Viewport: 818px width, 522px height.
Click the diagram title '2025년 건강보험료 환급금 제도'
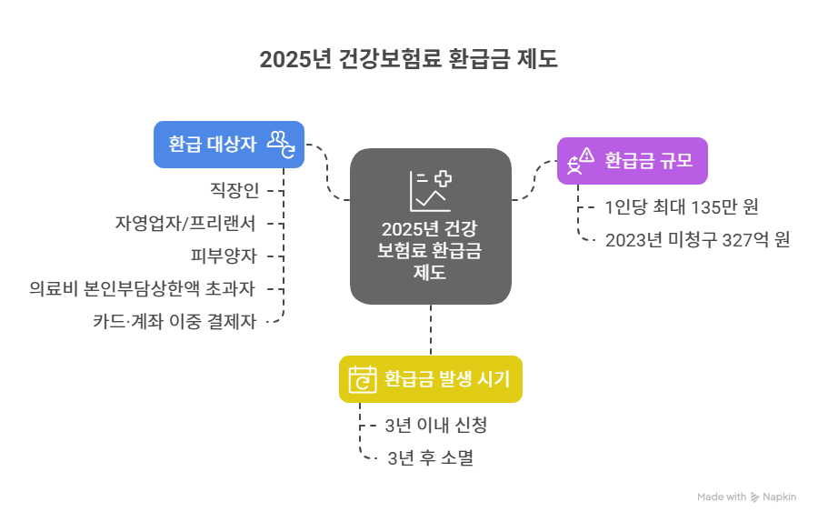coord(408,60)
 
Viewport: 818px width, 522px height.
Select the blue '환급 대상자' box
coord(228,144)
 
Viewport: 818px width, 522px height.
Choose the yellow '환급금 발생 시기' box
coord(430,378)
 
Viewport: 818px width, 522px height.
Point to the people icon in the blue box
coord(281,143)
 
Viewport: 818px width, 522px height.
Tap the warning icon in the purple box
coord(581,161)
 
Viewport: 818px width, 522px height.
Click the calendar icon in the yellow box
coord(363,378)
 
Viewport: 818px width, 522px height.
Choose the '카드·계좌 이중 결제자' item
coord(175,320)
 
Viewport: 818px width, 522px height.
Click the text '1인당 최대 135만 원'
coord(682,206)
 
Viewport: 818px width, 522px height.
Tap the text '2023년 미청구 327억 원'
coord(697,240)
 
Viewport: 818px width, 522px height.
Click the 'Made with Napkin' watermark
coord(746,497)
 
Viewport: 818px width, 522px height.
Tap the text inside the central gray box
coord(430,250)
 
